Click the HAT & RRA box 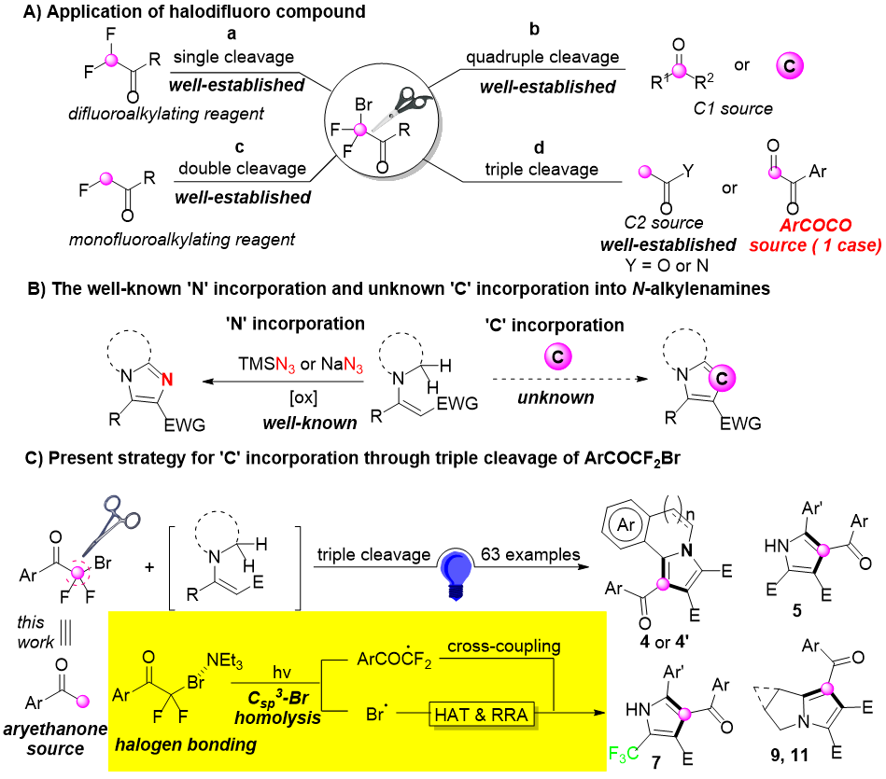point(481,715)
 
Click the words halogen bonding point(185,744)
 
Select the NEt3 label point(224,661)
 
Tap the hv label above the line point(282,673)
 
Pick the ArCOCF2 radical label point(394,660)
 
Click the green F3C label point(624,753)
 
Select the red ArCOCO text point(815,226)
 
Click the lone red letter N point(167,380)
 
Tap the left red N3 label point(285,365)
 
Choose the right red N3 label point(353,365)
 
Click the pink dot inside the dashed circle point(77,573)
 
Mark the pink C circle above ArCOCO point(789,66)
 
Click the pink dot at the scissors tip point(360,130)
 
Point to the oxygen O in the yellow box point(148,657)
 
